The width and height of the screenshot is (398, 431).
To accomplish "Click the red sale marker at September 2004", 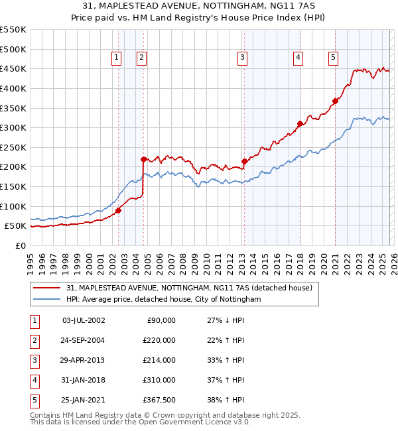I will click(x=143, y=159).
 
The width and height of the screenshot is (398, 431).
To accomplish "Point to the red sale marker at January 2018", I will click(x=300, y=123).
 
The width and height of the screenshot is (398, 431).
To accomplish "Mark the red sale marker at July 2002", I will click(x=118, y=210).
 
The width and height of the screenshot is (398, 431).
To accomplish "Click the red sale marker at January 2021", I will click(x=335, y=101).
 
